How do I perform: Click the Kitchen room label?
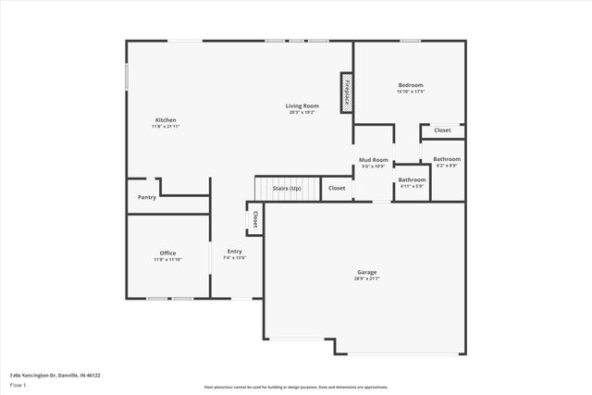click(166, 119)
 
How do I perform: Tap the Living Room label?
click(302, 106)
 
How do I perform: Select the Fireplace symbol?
click(347, 93)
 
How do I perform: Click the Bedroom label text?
click(410, 85)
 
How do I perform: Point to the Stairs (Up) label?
click(286, 188)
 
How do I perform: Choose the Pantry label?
click(147, 197)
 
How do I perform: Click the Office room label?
click(167, 253)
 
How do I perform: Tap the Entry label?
click(235, 252)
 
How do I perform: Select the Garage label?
click(366, 272)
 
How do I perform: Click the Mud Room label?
click(373, 160)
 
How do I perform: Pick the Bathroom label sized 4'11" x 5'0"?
click(412, 179)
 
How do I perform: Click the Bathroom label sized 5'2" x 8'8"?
click(447, 159)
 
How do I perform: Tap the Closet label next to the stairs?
click(337, 188)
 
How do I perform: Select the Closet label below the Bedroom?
click(442, 130)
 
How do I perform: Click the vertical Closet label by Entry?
click(255, 219)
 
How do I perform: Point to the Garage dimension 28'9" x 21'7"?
click(366, 278)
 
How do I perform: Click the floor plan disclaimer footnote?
click(295, 386)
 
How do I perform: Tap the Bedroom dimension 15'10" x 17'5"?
click(410, 92)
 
